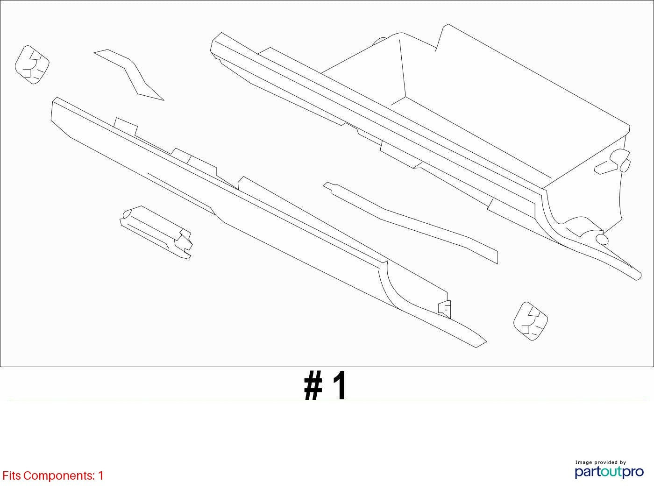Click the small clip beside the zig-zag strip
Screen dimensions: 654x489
[x=32, y=64]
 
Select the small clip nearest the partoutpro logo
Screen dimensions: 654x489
[x=531, y=321]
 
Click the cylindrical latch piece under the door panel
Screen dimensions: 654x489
[x=156, y=232]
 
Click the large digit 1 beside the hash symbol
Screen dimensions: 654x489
[x=340, y=386]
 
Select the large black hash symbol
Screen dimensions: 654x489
[x=313, y=386]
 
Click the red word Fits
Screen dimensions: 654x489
[x=12, y=476]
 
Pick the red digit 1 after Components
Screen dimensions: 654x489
[x=100, y=476]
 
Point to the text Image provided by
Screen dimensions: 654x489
[x=600, y=462]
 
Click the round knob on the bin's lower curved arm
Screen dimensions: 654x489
[x=602, y=239]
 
